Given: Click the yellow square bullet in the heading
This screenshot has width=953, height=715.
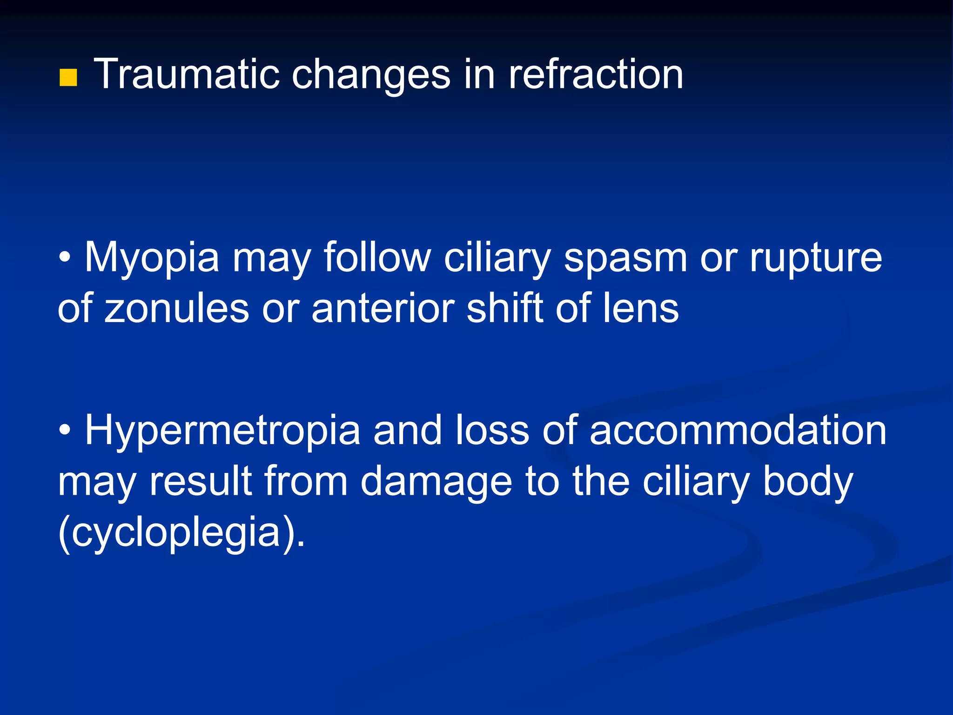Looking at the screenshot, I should (x=68, y=78).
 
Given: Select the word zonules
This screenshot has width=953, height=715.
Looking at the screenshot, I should (x=177, y=308).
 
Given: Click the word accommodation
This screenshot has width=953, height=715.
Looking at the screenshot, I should (x=738, y=431).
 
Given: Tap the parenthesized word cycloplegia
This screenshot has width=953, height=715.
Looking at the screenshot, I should (x=177, y=533).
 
